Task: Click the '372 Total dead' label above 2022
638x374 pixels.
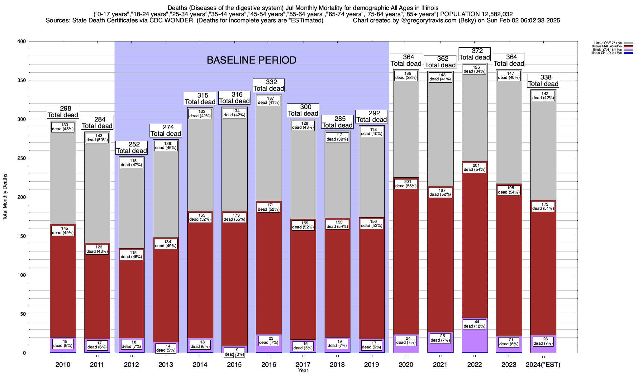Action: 475,54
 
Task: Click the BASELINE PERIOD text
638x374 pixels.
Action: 251,60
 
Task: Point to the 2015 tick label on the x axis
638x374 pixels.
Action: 234,364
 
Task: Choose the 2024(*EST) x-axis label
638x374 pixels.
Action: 543,364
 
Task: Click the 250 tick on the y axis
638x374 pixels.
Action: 22,158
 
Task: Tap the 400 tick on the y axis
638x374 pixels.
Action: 22,41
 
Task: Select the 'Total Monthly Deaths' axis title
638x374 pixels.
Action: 5,197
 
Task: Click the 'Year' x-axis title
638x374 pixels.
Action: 303,371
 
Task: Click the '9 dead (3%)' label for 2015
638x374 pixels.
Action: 234,352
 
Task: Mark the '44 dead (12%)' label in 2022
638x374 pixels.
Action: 474,324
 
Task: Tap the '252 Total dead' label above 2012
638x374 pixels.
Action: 131,148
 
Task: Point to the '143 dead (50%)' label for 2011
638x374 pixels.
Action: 97,138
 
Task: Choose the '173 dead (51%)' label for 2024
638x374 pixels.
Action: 543,206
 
